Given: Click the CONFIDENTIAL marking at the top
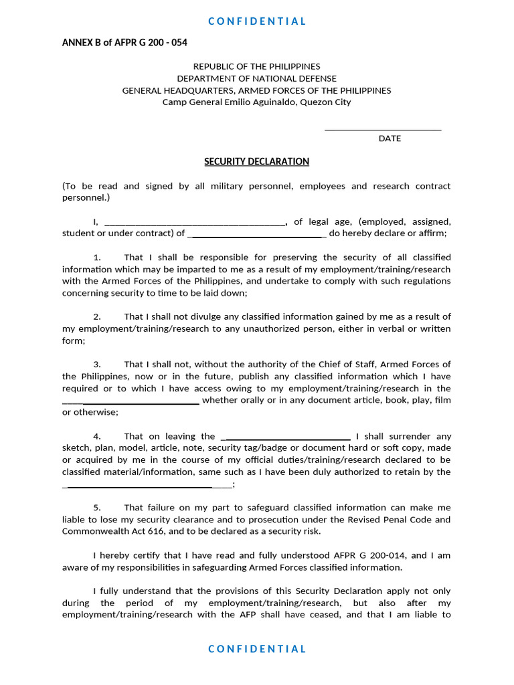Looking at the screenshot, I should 257,21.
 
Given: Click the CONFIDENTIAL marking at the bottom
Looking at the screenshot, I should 257,648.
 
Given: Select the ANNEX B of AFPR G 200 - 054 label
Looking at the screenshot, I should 124,43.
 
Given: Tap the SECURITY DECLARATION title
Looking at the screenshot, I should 256,161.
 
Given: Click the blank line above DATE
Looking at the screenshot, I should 383,128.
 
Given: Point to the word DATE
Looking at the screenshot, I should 390,138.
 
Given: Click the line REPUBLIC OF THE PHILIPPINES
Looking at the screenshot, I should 256,66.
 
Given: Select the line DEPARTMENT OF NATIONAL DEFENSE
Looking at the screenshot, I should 256,78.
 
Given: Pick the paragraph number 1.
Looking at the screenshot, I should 97,258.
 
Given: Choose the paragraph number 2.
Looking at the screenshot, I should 97,316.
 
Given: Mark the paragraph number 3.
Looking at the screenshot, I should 97,365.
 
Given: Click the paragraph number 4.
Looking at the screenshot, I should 97,436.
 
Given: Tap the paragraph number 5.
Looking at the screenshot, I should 97,508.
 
